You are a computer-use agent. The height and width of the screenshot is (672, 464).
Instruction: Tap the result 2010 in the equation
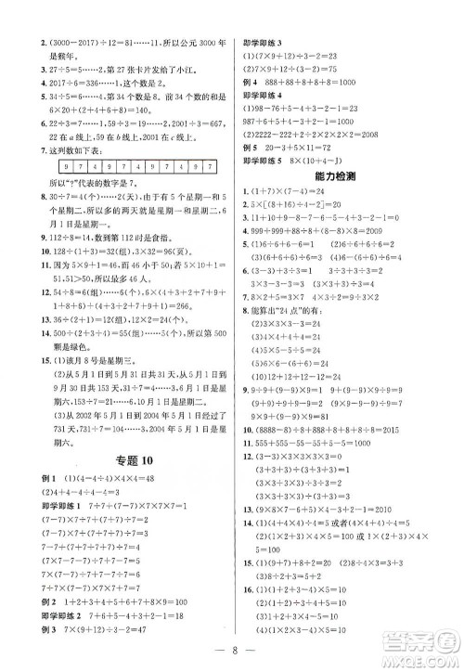tap(419, 508)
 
